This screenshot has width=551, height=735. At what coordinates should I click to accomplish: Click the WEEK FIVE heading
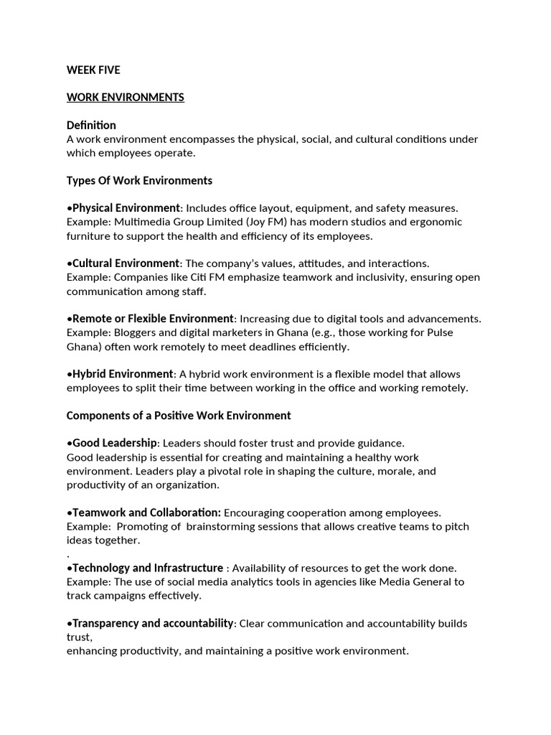click(x=93, y=70)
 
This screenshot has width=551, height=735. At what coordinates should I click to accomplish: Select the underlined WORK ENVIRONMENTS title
click(x=126, y=98)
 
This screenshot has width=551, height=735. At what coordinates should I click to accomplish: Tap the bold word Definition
click(x=91, y=125)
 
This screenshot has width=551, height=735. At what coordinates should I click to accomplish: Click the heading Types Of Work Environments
click(x=139, y=180)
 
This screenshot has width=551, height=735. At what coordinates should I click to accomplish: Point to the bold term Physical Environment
click(x=126, y=207)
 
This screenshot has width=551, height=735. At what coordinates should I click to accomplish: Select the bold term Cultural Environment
click(x=126, y=263)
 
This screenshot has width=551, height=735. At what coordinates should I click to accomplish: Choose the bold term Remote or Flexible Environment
click(x=153, y=318)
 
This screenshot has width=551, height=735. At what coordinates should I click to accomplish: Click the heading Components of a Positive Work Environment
click(x=179, y=416)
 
